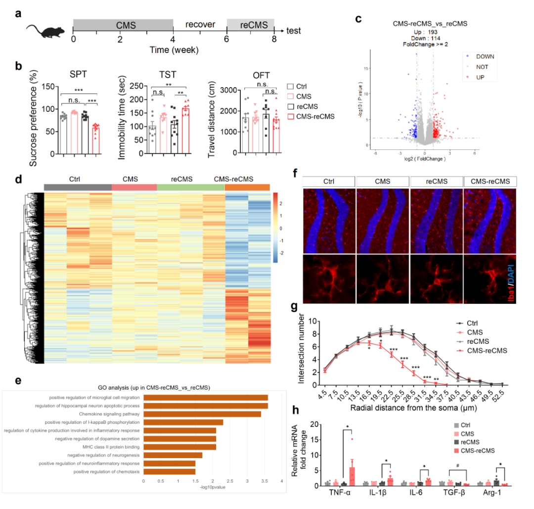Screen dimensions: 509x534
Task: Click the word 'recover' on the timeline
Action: pos(200,24)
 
